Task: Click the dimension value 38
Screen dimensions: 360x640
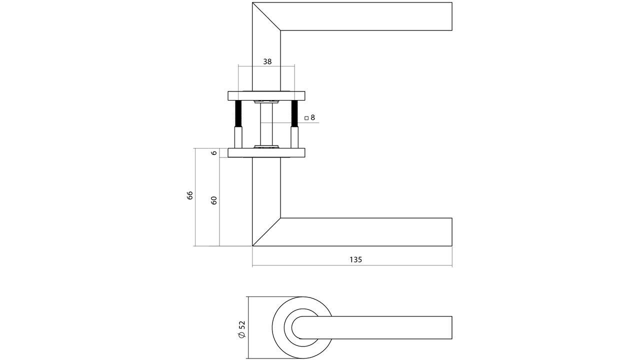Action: pos(267,61)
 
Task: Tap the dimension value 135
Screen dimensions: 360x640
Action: pos(355,259)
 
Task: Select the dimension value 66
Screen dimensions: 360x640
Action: pos(190,195)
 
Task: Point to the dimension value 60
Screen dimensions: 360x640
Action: pos(214,201)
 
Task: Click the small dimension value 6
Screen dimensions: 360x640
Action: pos(214,153)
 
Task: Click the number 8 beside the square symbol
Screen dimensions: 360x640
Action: pos(312,117)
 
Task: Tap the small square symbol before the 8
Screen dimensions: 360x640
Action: pos(306,118)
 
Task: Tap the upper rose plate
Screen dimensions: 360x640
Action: pos(266,96)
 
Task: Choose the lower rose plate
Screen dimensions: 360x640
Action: pos(266,152)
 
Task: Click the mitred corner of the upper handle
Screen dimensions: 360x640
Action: pos(266,16)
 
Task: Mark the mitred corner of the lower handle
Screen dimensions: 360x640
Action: pos(266,232)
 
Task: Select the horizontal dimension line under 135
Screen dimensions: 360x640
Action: pos(352,265)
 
